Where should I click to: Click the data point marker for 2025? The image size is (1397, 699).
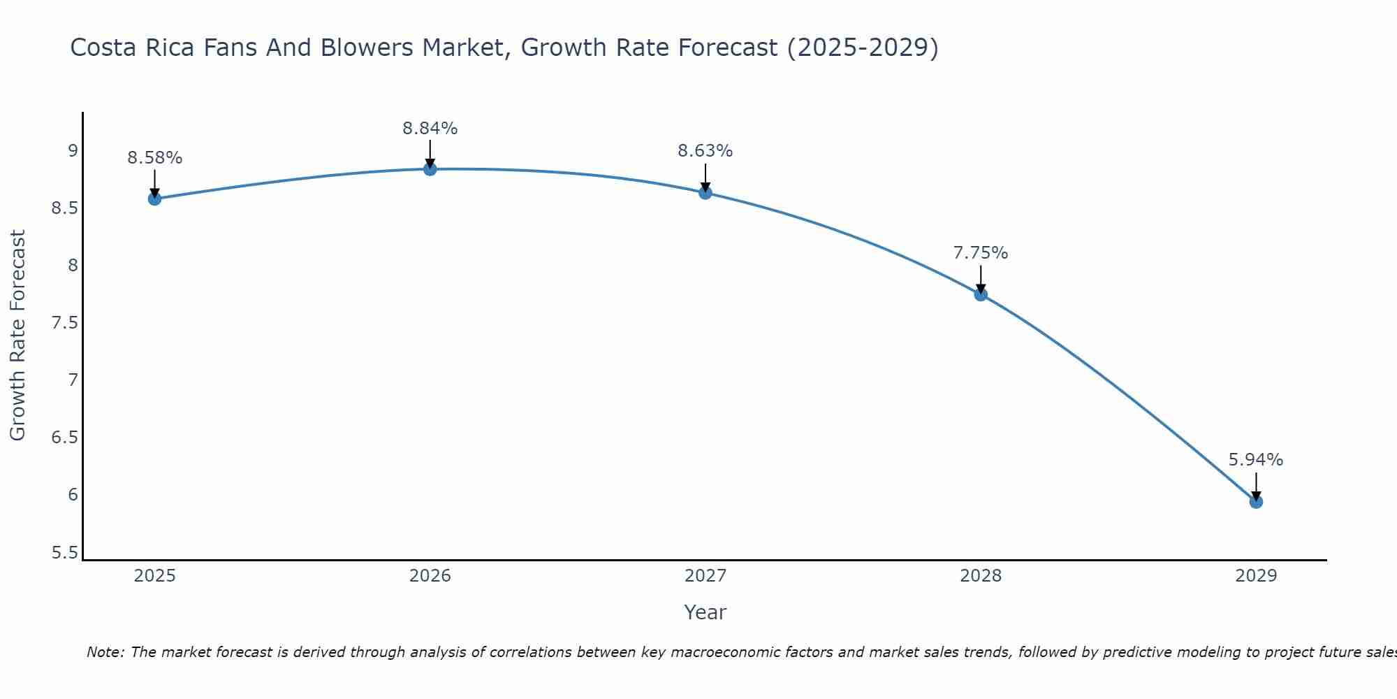coord(154,199)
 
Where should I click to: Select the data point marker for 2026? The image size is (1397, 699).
coord(430,169)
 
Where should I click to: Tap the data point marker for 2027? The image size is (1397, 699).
coord(705,193)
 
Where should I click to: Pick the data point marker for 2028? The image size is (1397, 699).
coord(981,294)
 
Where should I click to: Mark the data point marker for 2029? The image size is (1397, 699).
coord(1256,502)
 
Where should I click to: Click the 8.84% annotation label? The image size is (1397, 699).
coord(430,129)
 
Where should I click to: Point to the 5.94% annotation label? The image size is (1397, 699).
coord(1256,460)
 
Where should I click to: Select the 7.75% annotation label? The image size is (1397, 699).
coord(981,253)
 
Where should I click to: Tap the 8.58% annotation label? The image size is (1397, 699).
coord(154,158)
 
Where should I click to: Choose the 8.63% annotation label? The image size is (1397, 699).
coord(705,151)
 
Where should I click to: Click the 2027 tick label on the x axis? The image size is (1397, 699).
coord(705,576)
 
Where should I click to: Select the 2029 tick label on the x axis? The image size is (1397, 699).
coord(1256,576)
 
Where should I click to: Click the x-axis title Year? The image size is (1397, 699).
coord(705,612)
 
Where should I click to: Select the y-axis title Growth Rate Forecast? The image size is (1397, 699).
coord(17,336)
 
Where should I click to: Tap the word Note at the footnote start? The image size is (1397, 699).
coord(105,652)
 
